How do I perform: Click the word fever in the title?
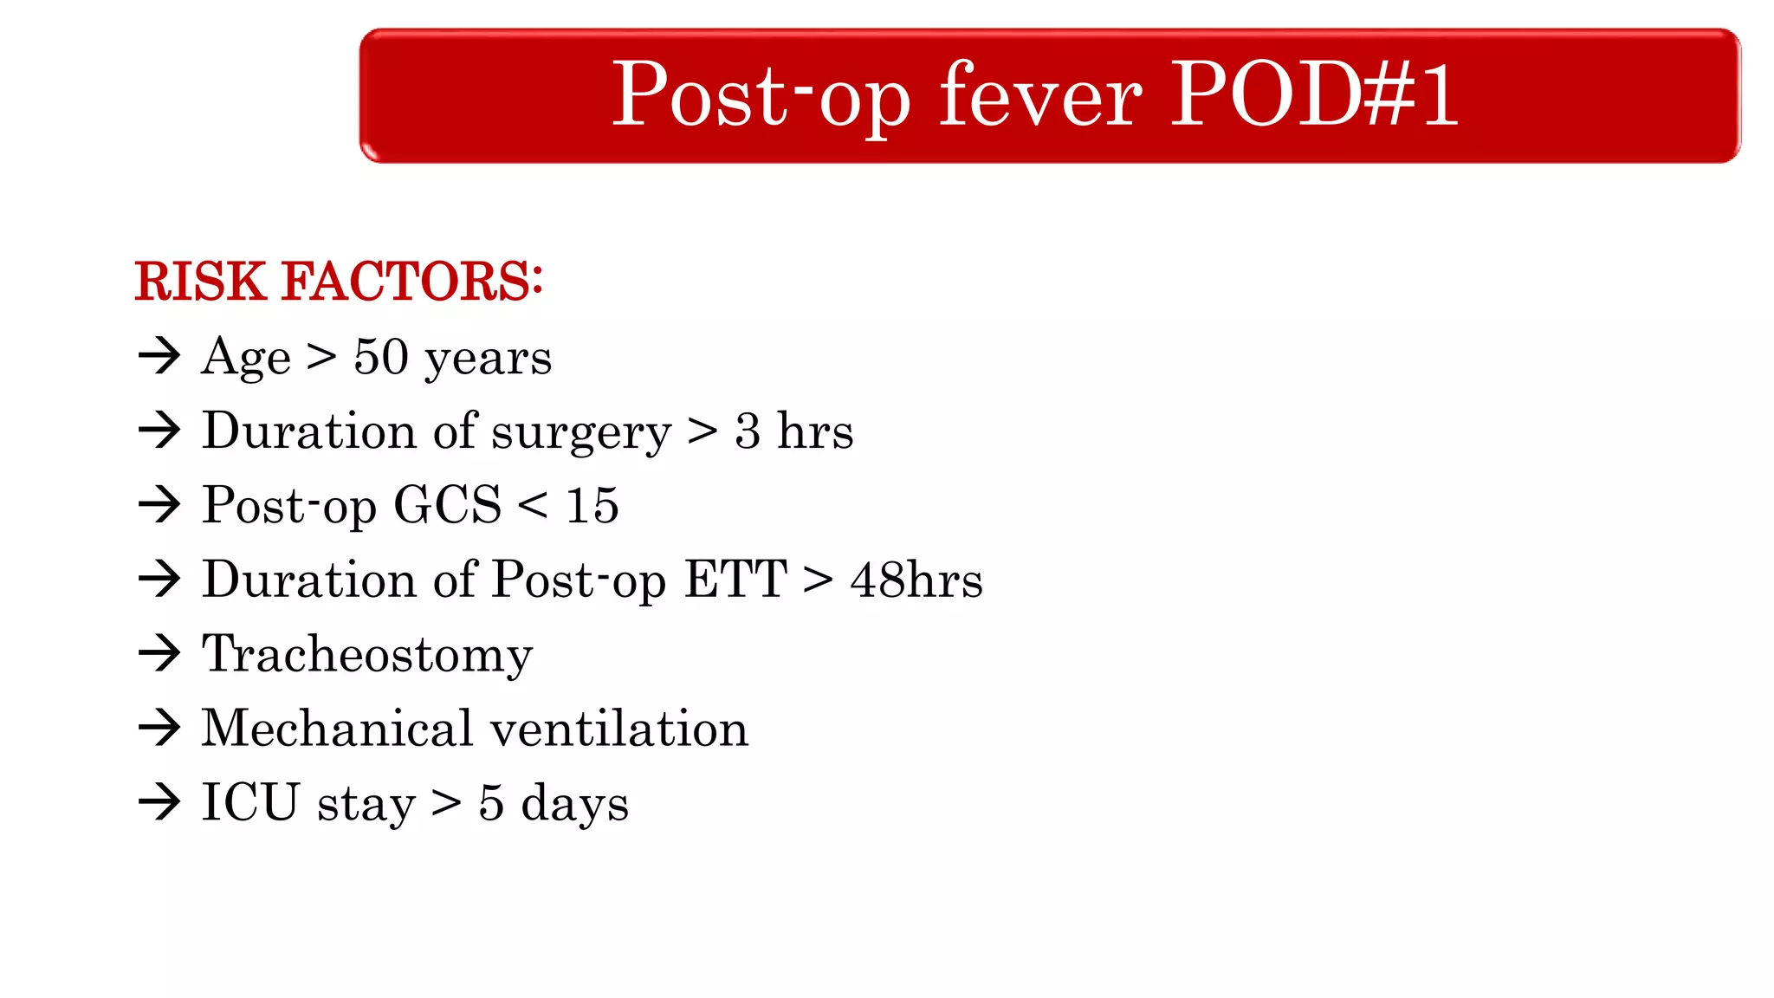pos(1040,95)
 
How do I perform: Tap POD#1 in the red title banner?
pos(1315,94)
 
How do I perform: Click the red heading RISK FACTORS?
pos(339,282)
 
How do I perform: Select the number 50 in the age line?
pos(380,357)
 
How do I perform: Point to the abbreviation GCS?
pos(447,505)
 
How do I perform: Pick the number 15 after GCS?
pos(592,505)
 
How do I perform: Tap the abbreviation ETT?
pos(735,580)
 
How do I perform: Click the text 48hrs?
pos(916,580)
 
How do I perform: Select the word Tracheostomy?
pos(367,655)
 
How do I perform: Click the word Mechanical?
pos(337,728)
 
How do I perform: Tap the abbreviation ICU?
pos(250,802)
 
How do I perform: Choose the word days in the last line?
pos(574,804)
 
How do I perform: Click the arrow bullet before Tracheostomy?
pos(159,653)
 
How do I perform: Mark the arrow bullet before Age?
pos(159,355)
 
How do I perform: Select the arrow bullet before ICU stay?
pos(159,802)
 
